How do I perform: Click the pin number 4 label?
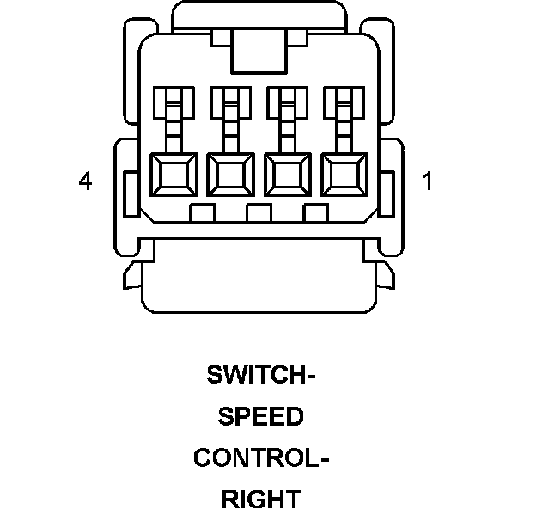tap(84, 181)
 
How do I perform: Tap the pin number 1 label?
tap(427, 181)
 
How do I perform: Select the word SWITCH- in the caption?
tap(261, 375)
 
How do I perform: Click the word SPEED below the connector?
tap(261, 416)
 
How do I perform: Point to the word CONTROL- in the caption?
tap(261, 458)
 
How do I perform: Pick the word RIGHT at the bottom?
tap(261, 499)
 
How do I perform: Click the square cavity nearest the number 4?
tap(173, 177)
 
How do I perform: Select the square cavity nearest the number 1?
tap(344, 177)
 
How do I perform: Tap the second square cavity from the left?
tap(230, 177)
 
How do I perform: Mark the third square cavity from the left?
tap(287, 177)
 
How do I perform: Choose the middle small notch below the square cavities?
tap(259, 212)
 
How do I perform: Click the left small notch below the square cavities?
tap(201, 212)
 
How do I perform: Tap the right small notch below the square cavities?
tap(316, 212)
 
